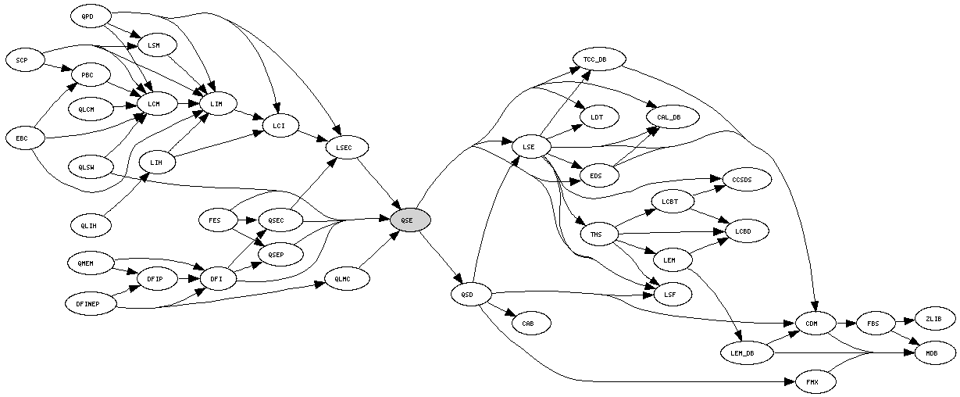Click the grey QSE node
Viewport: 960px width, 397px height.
tap(410, 220)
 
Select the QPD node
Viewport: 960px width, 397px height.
tap(88, 16)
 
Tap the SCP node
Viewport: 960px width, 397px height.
tap(22, 59)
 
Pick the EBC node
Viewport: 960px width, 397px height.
tap(22, 139)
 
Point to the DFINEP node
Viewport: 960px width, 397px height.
tap(87, 304)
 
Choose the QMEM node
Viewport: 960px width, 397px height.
tap(86, 263)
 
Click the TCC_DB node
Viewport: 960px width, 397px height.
tap(594, 59)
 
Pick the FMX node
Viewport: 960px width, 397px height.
tap(812, 383)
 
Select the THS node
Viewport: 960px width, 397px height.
tap(596, 234)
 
